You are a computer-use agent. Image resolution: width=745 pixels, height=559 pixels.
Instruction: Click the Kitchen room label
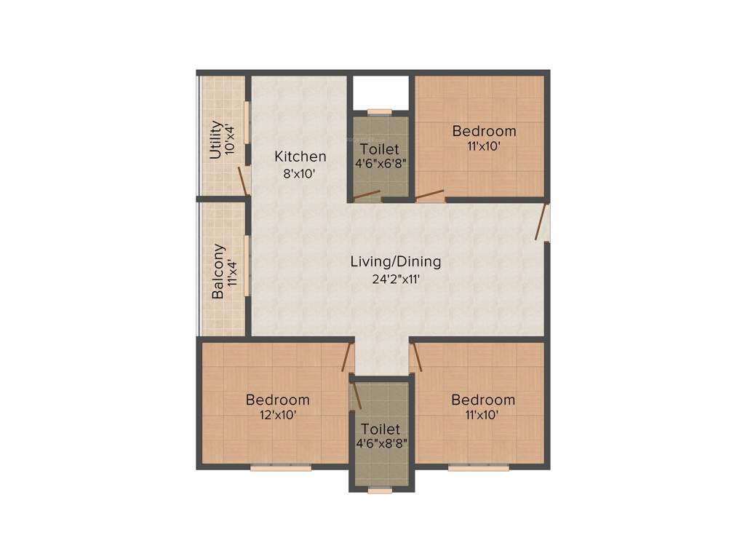pyautogui.click(x=300, y=156)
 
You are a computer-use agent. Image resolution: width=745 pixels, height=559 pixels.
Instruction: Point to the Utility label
pyautogui.click(x=215, y=140)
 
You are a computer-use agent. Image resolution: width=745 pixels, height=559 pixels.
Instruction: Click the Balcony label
pyautogui.click(x=218, y=271)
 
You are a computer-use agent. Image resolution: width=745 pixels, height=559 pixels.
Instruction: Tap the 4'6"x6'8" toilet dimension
pyautogui.click(x=380, y=163)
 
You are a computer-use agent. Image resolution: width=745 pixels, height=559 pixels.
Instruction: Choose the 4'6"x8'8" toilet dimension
pyautogui.click(x=381, y=443)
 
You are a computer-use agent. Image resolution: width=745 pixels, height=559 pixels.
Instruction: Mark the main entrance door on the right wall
pyautogui.click(x=543, y=222)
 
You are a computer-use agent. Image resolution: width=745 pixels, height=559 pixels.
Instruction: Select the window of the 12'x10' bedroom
pyautogui.click(x=280, y=468)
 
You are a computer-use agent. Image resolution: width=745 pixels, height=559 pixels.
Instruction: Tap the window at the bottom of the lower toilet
pyautogui.click(x=380, y=491)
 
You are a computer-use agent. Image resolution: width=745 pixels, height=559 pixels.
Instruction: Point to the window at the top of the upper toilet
pyautogui.click(x=379, y=111)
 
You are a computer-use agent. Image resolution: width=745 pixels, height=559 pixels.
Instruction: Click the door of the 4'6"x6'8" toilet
pyautogui.click(x=367, y=195)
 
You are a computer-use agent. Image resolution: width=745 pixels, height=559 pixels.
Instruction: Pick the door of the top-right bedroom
pyautogui.click(x=430, y=195)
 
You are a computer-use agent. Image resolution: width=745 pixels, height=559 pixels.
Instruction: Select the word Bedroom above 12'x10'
pyautogui.click(x=277, y=400)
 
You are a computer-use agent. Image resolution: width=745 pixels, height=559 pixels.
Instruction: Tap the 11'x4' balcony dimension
pyautogui.click(x=232, y=273)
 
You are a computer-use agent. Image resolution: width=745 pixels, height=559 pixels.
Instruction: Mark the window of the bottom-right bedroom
pyautogui.click(x=478, y=468)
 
